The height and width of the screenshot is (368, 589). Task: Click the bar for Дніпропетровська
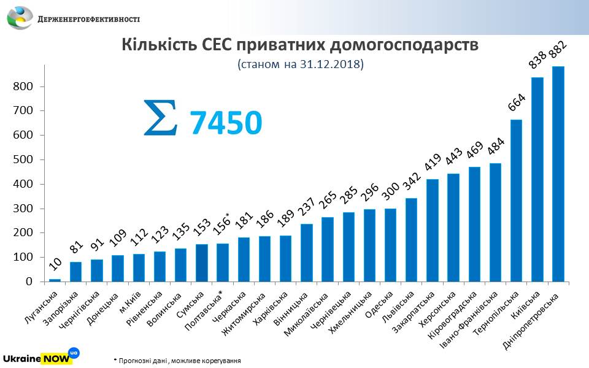click(x=558, y=174)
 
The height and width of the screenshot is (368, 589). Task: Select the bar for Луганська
click(x=55, y=280)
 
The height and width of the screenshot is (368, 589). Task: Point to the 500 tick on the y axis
click(x=24, y=159)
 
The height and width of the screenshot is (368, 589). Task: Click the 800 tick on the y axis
click(x=24, y=86)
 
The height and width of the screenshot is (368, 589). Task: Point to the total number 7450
click(x=226, y=122)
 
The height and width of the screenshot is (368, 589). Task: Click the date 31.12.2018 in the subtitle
click(x=331, y=64)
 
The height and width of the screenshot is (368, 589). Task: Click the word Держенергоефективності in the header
click(x=89, y=19)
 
